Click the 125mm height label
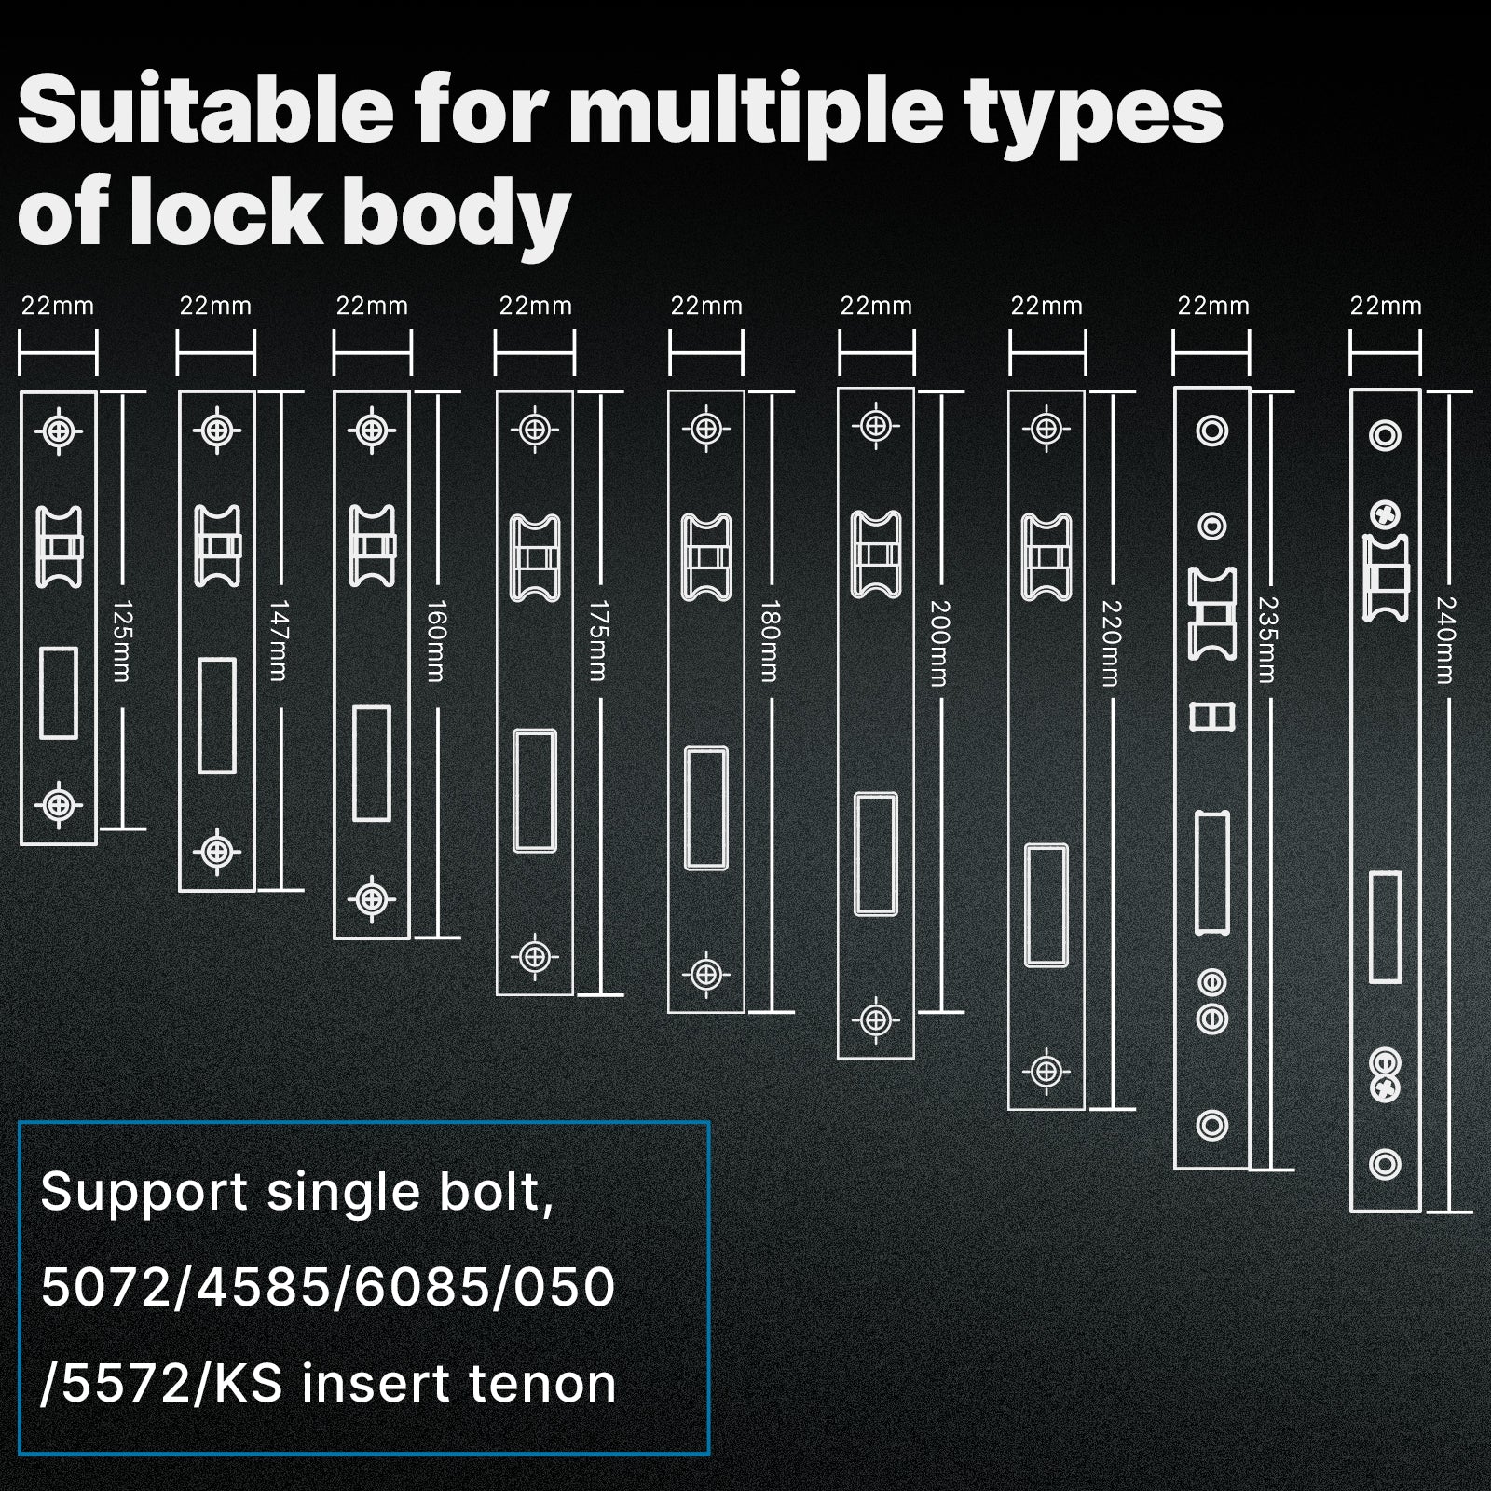[x=121, y=641]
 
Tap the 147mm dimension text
[x=278, y=641]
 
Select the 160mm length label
[x=435, y=641]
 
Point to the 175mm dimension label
[x=598, y=641]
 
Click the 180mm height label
[x=770, y=641]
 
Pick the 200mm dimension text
[x=939, y=643]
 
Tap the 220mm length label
[x=1110, y=643]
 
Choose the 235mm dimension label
[x=1267, y=640]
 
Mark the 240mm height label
[x=1445, y=641]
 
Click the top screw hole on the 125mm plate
[x=59, y=431]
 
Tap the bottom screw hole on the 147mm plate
[x=217, y=851]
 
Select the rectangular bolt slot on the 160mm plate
[x=372, y=763]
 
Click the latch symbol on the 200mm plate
[x=876, y=554]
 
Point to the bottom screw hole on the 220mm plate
[x=1046, y=1072]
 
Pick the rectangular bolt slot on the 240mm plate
[x=1385, y=927]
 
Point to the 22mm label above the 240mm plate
[x=1386, y=306]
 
